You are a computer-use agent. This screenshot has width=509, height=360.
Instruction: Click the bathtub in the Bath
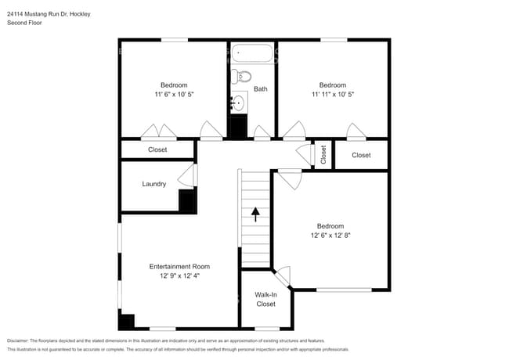tap(253, 56)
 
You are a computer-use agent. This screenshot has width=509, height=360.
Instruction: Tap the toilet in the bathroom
tap(241, 77)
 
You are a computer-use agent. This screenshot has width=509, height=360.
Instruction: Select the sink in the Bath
tap(239, 102)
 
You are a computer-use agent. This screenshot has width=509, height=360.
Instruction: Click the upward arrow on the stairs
tap(254, 211)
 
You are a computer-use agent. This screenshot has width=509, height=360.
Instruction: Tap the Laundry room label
tap(153, 185)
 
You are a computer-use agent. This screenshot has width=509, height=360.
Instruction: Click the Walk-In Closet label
tap(265, 299)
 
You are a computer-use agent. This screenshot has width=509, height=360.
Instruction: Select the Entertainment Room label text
tap(179, 267)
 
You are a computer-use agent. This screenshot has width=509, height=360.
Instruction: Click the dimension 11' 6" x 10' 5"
tap(174, 94)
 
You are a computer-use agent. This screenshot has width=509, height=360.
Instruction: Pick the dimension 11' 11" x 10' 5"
tap(332, 94)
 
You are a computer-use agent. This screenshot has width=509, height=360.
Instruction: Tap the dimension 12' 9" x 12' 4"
tap(179, 276)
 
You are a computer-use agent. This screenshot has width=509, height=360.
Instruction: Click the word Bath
tap(260, 89)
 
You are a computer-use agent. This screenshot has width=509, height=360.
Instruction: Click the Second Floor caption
tap(24, 23)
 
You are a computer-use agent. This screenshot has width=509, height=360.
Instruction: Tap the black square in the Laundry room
tap(187, 202)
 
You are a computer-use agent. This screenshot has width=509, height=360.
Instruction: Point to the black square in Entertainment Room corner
tap(127, 321)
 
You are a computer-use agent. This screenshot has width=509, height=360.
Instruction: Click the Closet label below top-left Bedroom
tap(157, 150)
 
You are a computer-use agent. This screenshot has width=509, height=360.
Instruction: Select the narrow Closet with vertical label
tap(323, 154)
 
